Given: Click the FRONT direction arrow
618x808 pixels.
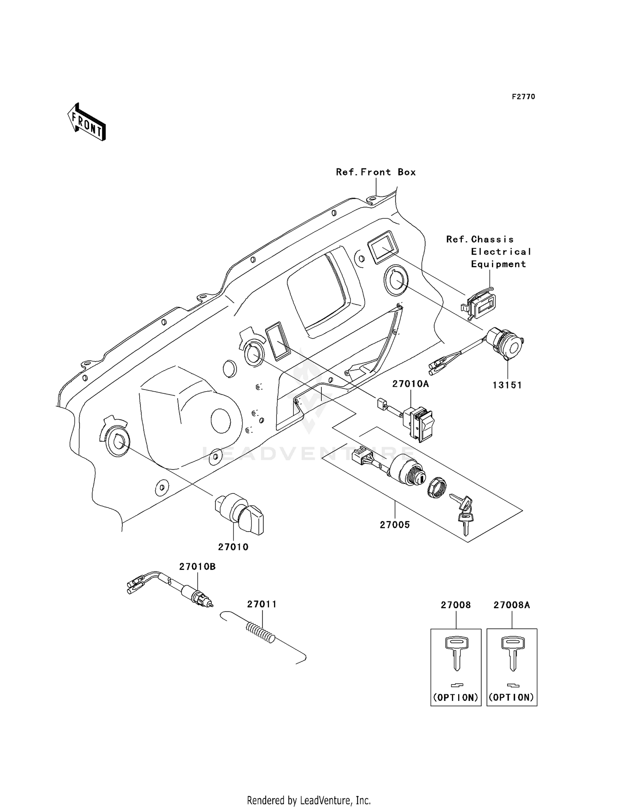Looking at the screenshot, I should pyautogui.click(x=87, y=122).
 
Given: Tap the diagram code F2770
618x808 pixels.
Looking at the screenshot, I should pyautogui.click(x=523, y=97).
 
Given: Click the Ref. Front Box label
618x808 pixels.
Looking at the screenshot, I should pyautogui.click(x=376, y=172).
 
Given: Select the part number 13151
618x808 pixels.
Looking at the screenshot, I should pyautogui.click(x=507, y=385).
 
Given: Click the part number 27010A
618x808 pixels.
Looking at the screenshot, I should pyautogui.click(x=410, y=384).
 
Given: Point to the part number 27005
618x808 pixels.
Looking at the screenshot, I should pyautogui.click(x=395, y=525).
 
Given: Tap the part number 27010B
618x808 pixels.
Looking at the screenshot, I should pyautogui.click(x=197, y=567).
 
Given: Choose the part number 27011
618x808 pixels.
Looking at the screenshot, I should pyautogui.click(x=262, y=604).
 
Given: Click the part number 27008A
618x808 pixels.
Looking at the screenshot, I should pyautogui.click(x=512, y=605).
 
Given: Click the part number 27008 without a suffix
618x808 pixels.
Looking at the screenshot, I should pyautogui.click(x=456, y=605).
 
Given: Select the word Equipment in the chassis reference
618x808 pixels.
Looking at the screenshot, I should pyautogui.click(x=499, y=264).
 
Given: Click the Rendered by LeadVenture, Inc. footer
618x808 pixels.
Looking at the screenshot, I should pyautogui.click(x=309, y=800).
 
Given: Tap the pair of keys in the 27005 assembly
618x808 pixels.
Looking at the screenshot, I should pyautogui.click(x=463, y=513).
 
